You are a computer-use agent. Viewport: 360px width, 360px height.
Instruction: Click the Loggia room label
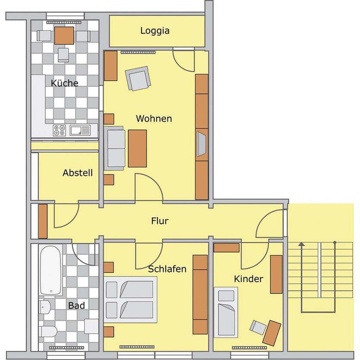155,31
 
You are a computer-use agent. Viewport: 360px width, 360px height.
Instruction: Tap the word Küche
65,83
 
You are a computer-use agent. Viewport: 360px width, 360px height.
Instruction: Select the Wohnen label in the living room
154,118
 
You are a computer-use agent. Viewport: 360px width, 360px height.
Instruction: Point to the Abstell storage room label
78,173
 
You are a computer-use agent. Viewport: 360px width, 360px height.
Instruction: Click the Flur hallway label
159,221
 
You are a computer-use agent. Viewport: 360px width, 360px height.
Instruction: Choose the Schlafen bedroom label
167,269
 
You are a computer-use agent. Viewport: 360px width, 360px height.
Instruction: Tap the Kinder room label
248,279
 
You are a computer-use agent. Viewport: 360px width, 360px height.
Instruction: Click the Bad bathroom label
76,306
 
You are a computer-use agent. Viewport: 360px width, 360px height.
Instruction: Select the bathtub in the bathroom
51,270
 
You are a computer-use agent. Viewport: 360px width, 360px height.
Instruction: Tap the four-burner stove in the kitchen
59,130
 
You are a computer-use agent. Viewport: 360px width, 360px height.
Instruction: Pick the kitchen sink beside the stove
80,130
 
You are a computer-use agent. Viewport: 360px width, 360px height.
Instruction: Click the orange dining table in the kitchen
64,36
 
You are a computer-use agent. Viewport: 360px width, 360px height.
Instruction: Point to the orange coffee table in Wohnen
137,148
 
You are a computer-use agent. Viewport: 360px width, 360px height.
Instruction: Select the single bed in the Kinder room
226,312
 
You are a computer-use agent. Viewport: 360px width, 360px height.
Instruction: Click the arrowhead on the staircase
301,245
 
